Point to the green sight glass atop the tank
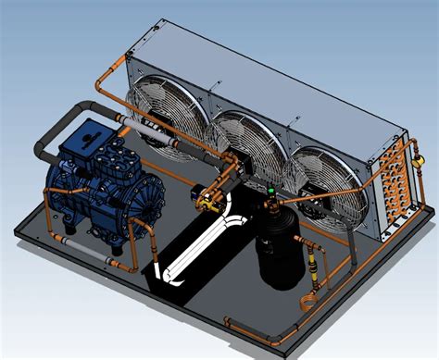(270, 190)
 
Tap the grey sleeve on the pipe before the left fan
(138, 122)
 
